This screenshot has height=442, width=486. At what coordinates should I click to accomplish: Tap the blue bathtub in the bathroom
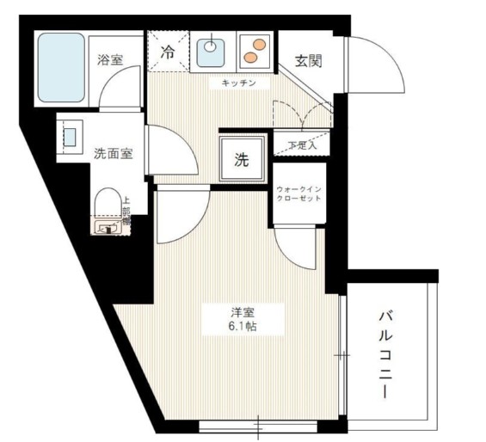(60, 68)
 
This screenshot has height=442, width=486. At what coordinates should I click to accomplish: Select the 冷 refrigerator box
(168, 51)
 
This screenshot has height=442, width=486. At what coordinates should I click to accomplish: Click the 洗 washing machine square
(242, 159)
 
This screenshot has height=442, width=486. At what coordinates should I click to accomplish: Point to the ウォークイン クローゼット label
(298, 193)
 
